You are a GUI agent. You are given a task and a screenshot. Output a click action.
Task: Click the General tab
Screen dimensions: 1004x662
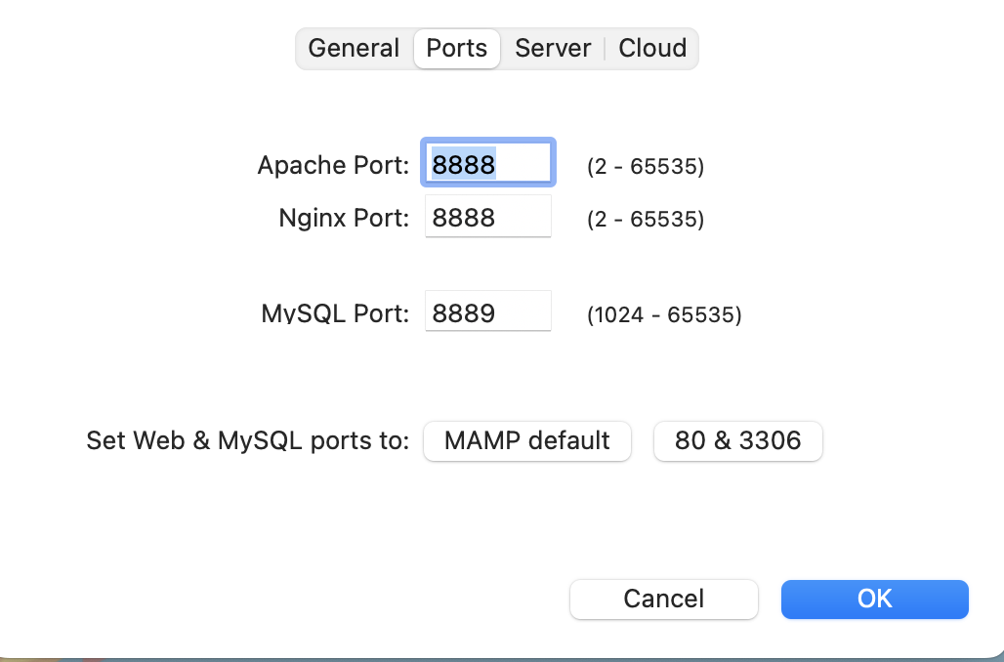(354, 49)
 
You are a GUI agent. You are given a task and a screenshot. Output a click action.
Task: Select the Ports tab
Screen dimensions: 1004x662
(457, 49)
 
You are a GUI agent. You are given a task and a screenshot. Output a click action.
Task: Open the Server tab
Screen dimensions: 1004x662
(553, 49)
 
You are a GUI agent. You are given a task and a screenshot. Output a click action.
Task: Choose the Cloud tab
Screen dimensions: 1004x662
(652, 49)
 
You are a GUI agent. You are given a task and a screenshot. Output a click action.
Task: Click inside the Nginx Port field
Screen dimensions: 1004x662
(487, 218)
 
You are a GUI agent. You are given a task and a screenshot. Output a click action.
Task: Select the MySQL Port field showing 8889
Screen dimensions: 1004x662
(487, 313)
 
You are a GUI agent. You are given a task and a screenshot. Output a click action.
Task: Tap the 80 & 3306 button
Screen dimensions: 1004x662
(737, 440)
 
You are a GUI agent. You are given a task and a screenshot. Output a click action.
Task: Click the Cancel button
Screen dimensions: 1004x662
(664, 599)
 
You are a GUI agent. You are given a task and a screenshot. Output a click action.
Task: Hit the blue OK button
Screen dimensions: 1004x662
(874, 599)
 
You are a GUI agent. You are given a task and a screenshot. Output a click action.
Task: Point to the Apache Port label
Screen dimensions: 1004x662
(333, 165)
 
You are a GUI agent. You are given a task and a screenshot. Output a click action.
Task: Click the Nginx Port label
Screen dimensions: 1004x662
(344, 218)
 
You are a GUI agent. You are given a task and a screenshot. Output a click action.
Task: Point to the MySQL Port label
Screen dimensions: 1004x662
(335, 313)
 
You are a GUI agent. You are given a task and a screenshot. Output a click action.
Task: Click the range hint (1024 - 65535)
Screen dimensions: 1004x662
(664, 315)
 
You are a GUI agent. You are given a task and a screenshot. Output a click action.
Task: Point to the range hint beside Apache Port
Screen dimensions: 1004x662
(646, 167)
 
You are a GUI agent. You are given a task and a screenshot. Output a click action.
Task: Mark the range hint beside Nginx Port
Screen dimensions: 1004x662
(646, 220)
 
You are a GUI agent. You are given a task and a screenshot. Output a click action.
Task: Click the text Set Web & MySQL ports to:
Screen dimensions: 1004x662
(248, 440)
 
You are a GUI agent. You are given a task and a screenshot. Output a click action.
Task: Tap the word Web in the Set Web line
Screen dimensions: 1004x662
(156, 440)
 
